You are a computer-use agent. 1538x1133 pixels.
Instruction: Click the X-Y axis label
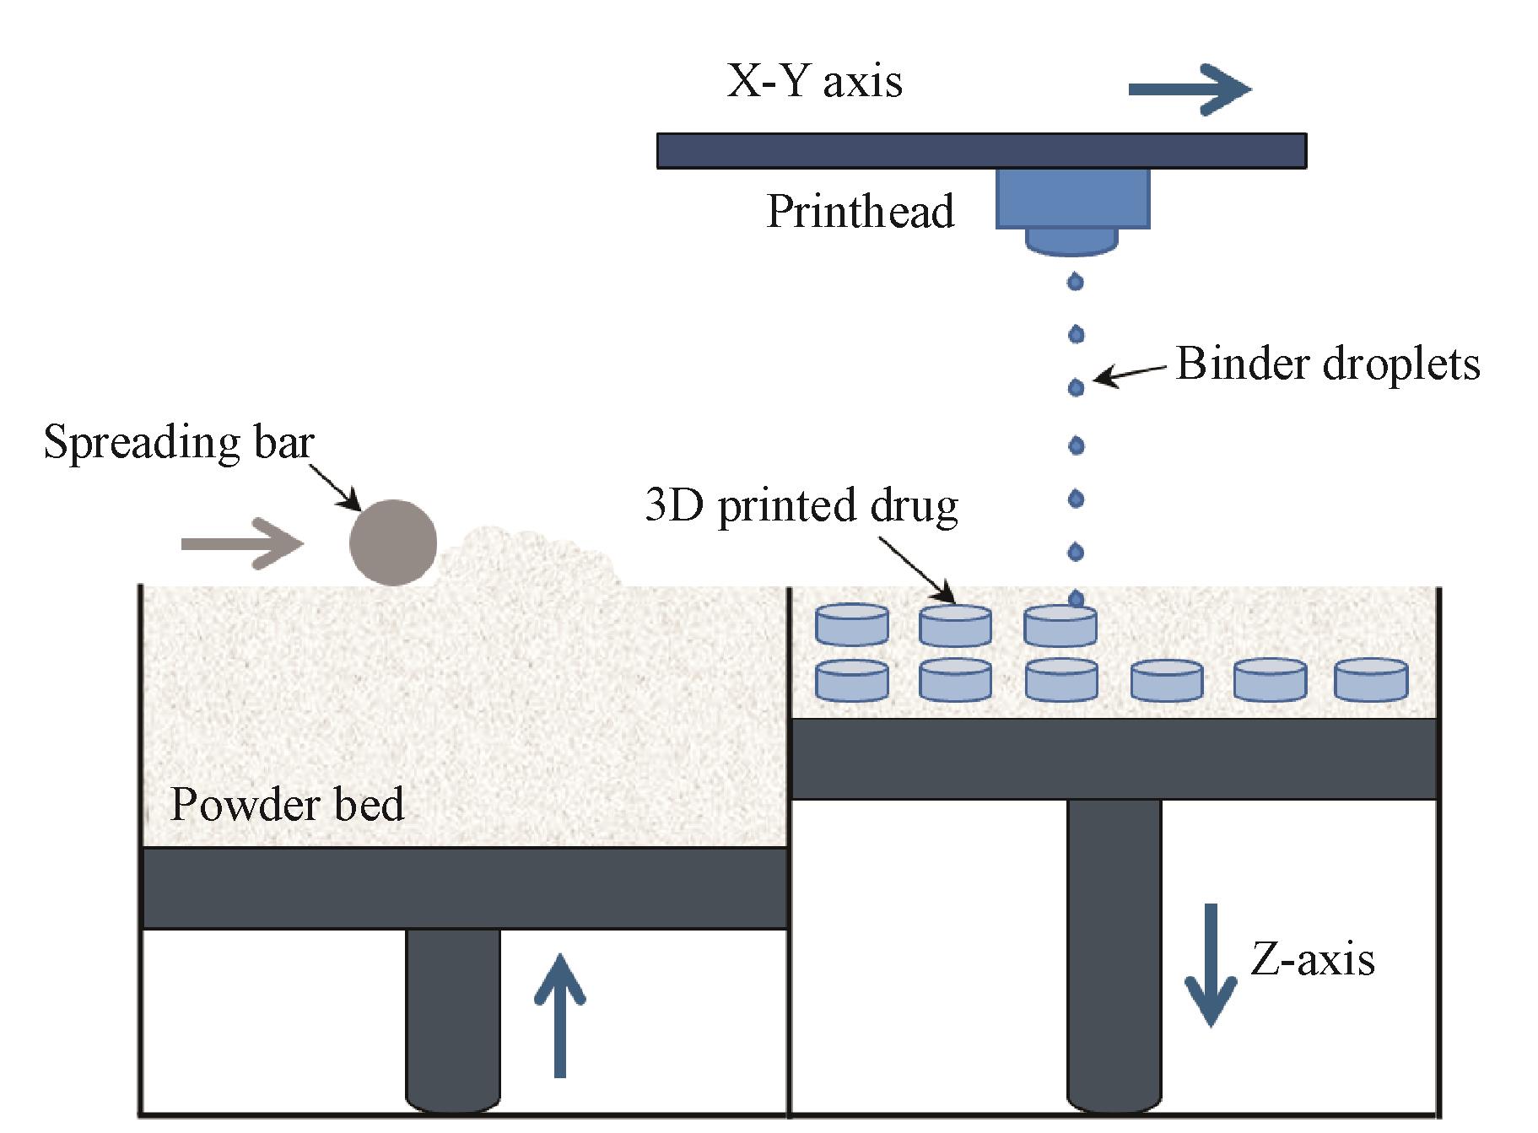814,82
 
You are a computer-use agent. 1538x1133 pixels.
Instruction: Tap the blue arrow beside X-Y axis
1189,89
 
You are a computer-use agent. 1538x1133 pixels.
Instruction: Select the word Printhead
860,211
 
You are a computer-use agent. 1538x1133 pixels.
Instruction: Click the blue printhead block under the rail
1072,198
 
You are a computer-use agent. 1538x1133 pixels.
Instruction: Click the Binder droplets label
1327,364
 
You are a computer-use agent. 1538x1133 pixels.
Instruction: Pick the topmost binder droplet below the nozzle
1075,281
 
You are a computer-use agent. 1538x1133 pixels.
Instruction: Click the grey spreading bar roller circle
393,542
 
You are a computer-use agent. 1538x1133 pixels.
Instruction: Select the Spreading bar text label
179,442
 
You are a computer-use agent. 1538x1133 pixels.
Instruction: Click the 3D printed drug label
801,506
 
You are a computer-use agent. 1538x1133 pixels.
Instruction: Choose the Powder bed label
287,804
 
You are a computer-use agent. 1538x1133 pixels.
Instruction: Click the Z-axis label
1312,959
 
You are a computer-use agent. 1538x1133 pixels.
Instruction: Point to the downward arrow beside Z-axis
1211,965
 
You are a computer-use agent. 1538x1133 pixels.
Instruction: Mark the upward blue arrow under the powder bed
559,1016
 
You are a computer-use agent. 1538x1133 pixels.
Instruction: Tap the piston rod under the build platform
1114,953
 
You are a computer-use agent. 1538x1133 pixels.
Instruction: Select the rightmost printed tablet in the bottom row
1371,681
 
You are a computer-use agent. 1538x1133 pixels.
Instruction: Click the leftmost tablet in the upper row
851,625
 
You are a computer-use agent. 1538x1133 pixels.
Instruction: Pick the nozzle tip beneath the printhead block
1071,241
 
